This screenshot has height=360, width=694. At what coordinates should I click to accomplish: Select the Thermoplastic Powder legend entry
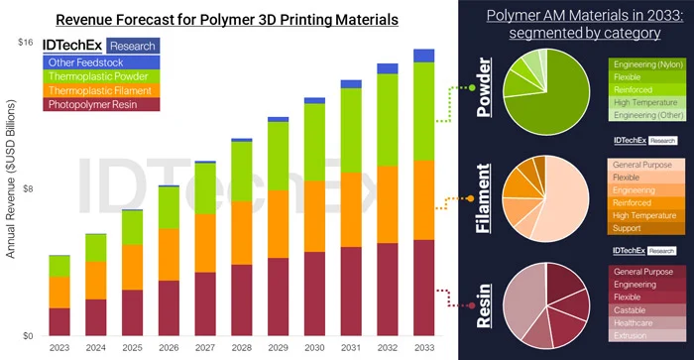(96, 75)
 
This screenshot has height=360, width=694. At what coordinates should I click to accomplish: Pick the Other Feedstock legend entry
(85, 61)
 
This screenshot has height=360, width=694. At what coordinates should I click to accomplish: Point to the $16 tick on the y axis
(27, 42)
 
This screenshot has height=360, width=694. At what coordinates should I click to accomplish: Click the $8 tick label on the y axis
(30, 189)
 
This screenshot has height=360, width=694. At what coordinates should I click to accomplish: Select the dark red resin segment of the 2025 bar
(133, 312)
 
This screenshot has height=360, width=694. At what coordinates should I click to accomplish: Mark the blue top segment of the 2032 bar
(388, 68)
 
